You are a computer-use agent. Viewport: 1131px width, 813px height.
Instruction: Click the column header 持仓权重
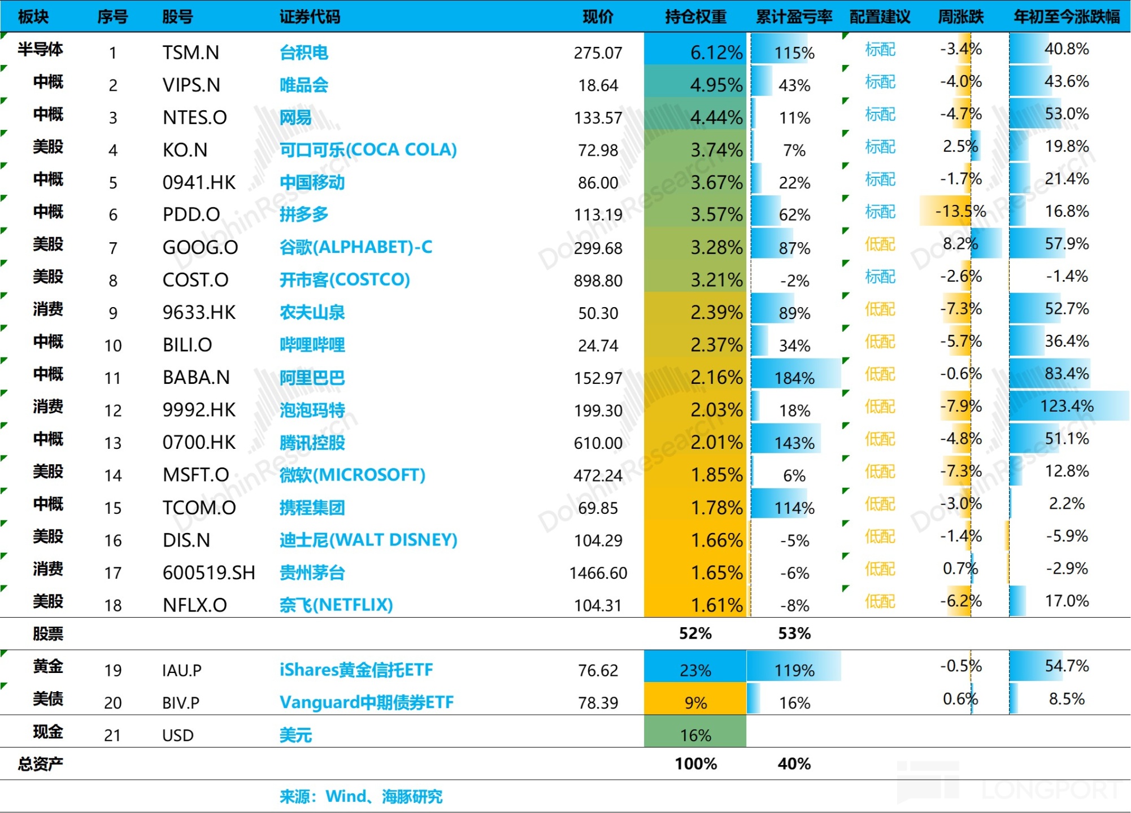coord(695,17)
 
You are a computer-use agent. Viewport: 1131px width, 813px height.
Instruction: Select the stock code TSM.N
coord(191,53)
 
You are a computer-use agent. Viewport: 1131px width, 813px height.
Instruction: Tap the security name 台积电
coord(304,53)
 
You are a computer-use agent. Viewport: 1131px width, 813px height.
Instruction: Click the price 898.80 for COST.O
coord(598,281)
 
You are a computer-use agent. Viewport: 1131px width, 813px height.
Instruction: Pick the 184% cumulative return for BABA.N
coord(794,378)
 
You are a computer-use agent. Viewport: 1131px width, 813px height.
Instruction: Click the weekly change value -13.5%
coord(960,212)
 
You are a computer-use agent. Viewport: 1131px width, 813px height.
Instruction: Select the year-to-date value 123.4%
coord(1067,406)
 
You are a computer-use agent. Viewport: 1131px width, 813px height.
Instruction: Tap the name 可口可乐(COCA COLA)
coord(368,150)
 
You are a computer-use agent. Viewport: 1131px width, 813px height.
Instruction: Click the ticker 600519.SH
coord(208,573)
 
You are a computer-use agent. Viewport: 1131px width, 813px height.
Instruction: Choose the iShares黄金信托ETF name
coord(356,670)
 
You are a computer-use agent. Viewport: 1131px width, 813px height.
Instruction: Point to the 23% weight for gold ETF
coord(695,670)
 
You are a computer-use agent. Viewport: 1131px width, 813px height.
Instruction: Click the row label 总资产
coord(40,764)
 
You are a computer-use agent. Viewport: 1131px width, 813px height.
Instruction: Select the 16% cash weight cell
coord(695,735)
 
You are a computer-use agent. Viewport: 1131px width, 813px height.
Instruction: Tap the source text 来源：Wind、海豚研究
coord(360,797)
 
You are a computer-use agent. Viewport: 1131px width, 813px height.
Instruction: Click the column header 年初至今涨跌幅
coord(1066,17)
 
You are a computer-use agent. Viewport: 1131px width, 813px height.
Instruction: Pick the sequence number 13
coord(113,443)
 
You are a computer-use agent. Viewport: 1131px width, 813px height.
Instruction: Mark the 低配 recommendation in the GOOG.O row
coord(880,244)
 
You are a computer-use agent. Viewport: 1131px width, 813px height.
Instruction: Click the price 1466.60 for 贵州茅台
coord(598,573)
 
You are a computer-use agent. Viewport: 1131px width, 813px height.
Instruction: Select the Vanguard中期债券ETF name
coord(366,702)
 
